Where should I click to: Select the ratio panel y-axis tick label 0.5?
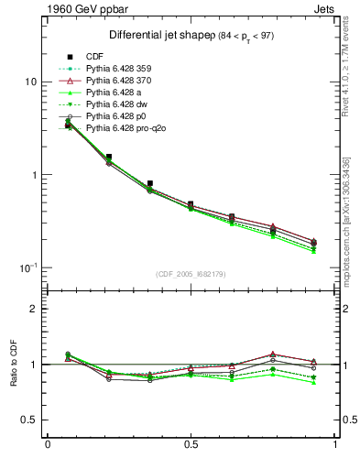click(x=29, y=420)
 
